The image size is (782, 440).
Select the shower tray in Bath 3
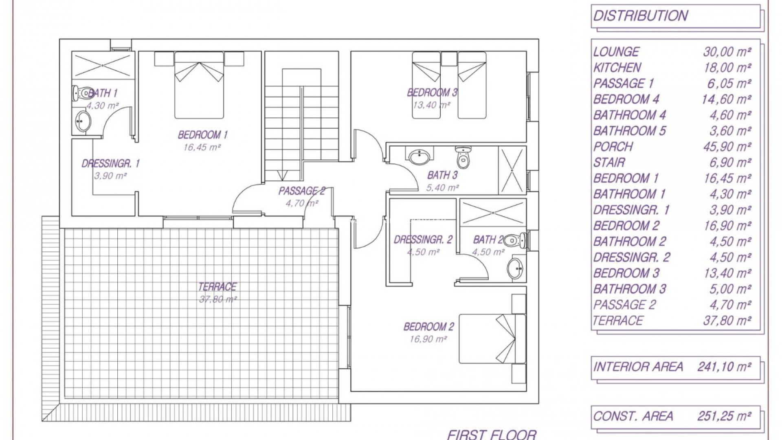(x=512, y=170)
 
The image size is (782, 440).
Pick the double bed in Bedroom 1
(x=199, y=85)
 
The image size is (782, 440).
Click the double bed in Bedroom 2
(x=492, y=338)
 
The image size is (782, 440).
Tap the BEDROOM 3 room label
(x=432, y=93)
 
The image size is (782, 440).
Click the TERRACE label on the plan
(x=217, y=287)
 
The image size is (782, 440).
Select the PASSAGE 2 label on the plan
(x=302, y=191)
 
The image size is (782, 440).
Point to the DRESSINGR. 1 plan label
(x=111, y=164)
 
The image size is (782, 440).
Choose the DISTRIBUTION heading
(x=640, y=16)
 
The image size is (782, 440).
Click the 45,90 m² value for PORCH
(x=727, y=147)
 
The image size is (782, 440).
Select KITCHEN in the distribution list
(x=617, y=68)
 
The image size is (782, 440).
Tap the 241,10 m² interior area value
(x=724, y=367)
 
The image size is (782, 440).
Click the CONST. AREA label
(x=633, y=416)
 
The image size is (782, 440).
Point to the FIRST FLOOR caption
(x=492, y=435)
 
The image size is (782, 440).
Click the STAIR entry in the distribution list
(x=609, y=163)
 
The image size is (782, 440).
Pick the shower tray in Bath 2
(x=493, y=212)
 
